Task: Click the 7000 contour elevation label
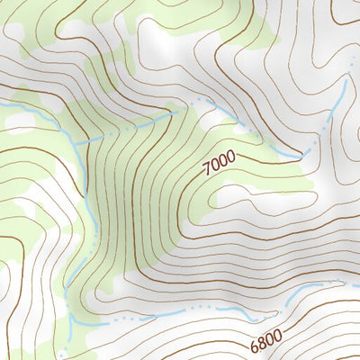[220, 162]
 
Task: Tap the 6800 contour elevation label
[266, 342]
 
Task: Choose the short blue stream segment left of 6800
[229, 313]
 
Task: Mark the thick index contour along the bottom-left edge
[13, 270]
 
